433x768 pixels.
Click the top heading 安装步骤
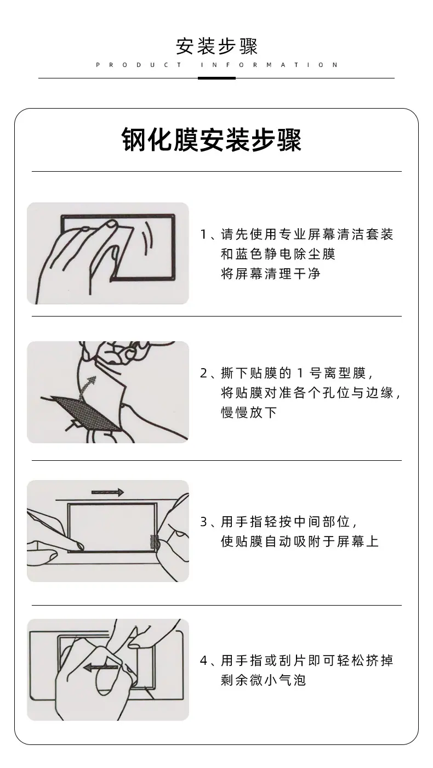pyautogui.click(x=216, y=46)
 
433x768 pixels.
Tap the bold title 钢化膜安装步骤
pyautogui.click(x=212, y=140)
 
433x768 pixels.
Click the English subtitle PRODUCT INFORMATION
pyautogui.click(x=217, y=65)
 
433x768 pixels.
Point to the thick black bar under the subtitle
pyautogui.click(x=216, y=78)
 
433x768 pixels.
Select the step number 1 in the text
pyautogui.click(x=203, y=235)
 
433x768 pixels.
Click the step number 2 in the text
pyautogui.click(x=204, y=373)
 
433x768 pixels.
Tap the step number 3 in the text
pyautogui.click(x=204, y=522)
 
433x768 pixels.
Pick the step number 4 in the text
pyautogui.click(x=204, y=660)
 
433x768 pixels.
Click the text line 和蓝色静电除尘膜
pyautogui.click(x=278, y=254)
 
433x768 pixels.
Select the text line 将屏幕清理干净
pyautogui.click(x=271, y=274)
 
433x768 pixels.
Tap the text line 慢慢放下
pyautogui.click(x=249, y=412)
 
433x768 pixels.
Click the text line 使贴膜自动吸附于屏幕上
pyautogui.click(x=300, y=541)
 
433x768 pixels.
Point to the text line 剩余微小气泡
pyautogui.click(x=264, y=680)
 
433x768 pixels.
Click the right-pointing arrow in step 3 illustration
pyautogui.click(x=107, y=493)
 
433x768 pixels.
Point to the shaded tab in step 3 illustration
pyautogui.click(x=155, y=541)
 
